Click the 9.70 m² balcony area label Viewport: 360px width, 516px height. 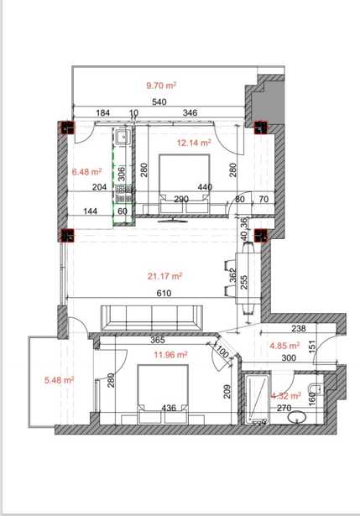[161, 86]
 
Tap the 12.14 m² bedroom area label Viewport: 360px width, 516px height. [194, 143]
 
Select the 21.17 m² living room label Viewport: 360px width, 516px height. [164, 276]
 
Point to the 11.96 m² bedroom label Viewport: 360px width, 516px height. [171, 355]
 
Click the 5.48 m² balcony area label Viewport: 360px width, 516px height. [60, 380]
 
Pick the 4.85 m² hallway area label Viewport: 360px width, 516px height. [284, 346]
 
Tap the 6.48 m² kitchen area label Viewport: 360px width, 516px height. [86, 171]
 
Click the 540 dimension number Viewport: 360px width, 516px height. [159, 102]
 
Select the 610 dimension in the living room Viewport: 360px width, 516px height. [164, 293]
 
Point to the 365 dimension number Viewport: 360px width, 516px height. [157, 341]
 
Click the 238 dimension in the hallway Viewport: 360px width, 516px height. [299, 328]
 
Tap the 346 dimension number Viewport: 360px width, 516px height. [190, 113]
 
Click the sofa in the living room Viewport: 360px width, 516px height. [152, 317]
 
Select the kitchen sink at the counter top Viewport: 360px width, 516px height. [123, 137]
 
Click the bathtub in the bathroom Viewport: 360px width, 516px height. [257, 398]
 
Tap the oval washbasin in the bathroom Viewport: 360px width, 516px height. [297, 417]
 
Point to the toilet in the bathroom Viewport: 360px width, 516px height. [316, 388]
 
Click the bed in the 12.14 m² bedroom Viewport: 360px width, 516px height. [185, 184]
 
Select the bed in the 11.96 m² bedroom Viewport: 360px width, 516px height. [163, 394]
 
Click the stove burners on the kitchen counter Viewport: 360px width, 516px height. [123, 194]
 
